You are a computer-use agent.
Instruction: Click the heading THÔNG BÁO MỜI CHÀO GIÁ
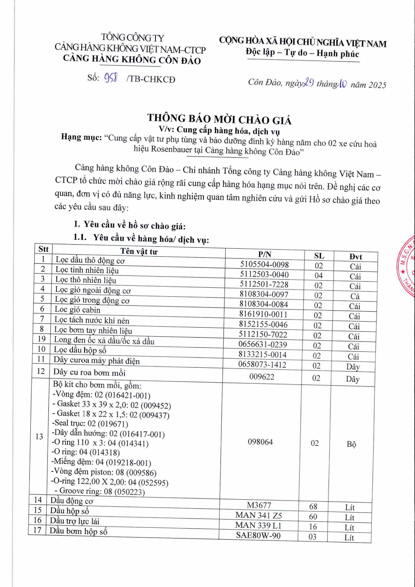click(x=219, y=119)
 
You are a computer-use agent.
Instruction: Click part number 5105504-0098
click(x=264, y=264)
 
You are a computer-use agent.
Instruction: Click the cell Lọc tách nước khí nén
click(x=92, y=320)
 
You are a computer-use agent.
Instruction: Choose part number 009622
click(x=262, y=377)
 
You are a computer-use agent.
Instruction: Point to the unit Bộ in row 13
click(x=351, y=444)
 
